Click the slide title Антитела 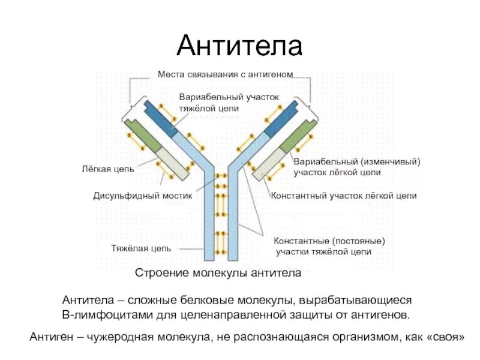[239, 46]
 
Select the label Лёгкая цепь [107, 169]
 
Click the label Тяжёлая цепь [141, 248]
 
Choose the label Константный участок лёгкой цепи [343, 196]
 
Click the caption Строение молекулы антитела [218, 274]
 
